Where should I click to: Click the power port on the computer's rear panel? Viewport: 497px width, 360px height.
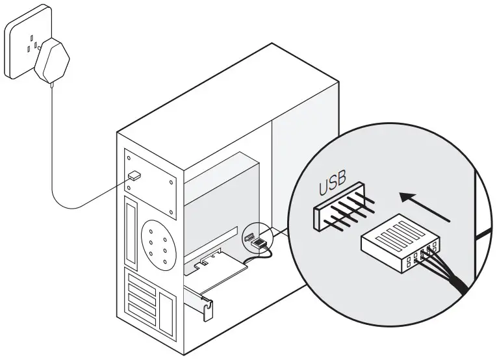point(135,175)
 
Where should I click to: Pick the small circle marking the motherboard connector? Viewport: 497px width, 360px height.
point(256,240)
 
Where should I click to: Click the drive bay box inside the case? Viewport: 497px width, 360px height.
point(221,188)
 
